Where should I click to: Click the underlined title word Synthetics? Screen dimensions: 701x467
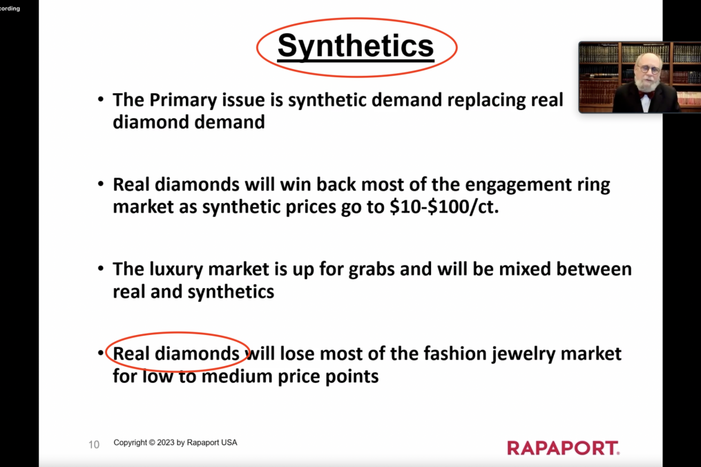point(356,46)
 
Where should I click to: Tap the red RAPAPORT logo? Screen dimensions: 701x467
point(564,448)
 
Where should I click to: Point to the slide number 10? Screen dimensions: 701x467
point(94,445)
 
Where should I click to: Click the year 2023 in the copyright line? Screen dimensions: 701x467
point(166,442)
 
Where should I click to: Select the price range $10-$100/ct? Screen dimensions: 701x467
point(444,207)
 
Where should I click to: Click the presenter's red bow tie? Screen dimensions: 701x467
point(645,95)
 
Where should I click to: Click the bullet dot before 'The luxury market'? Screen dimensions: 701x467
point(101,269)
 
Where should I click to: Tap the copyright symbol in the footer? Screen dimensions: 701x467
point(152,442)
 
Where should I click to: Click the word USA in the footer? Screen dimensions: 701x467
point(229,442)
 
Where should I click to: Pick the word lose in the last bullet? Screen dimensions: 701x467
point(298,354)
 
